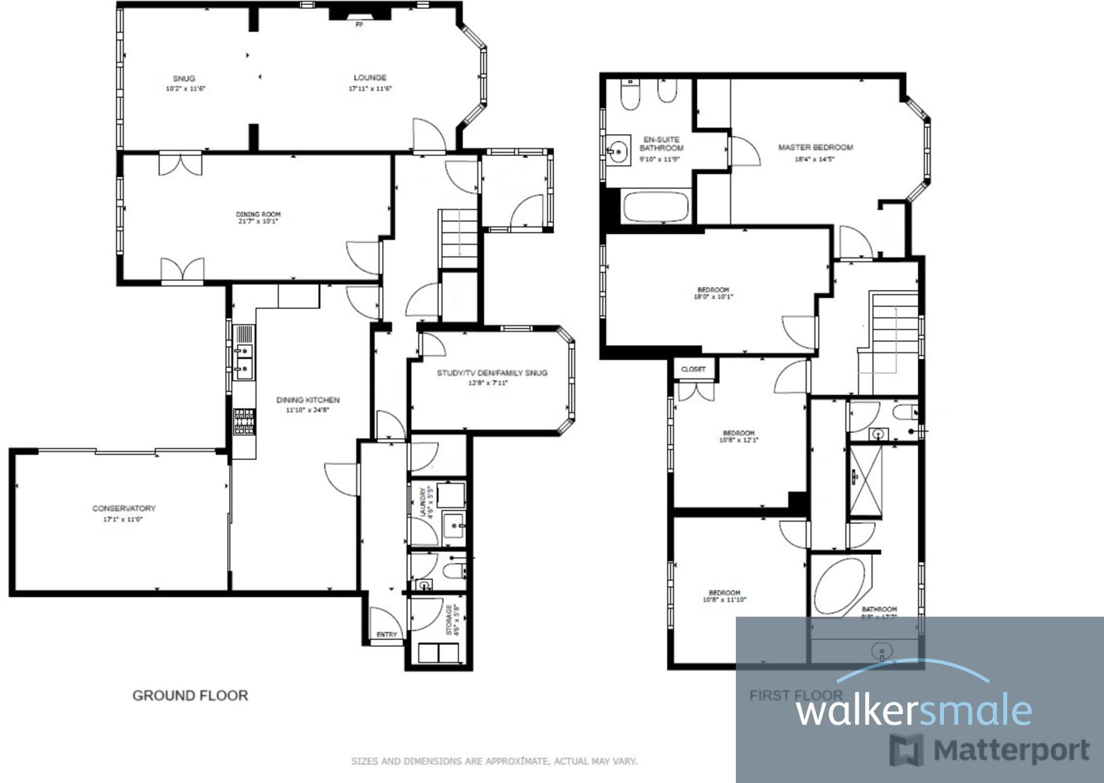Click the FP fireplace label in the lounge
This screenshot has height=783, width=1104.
359,25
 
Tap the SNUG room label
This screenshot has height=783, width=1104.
184,79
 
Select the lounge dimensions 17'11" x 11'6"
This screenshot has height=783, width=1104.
370,89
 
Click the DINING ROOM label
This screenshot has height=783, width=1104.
258,214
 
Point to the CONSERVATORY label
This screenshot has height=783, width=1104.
124,508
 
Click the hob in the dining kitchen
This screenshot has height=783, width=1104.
244,422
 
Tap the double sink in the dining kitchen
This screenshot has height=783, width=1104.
244,360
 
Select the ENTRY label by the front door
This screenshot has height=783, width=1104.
387,634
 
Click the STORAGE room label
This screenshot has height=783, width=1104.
450,620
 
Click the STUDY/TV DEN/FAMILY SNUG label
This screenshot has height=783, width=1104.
492,373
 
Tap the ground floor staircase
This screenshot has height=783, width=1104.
459,238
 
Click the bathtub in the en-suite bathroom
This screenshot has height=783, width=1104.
655,207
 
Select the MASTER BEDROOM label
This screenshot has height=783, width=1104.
815,148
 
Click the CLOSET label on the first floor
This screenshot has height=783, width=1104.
693,369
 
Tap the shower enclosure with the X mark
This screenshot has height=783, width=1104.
865,481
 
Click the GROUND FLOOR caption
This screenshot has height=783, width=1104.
190,696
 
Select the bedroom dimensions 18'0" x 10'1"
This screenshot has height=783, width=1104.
713,297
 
